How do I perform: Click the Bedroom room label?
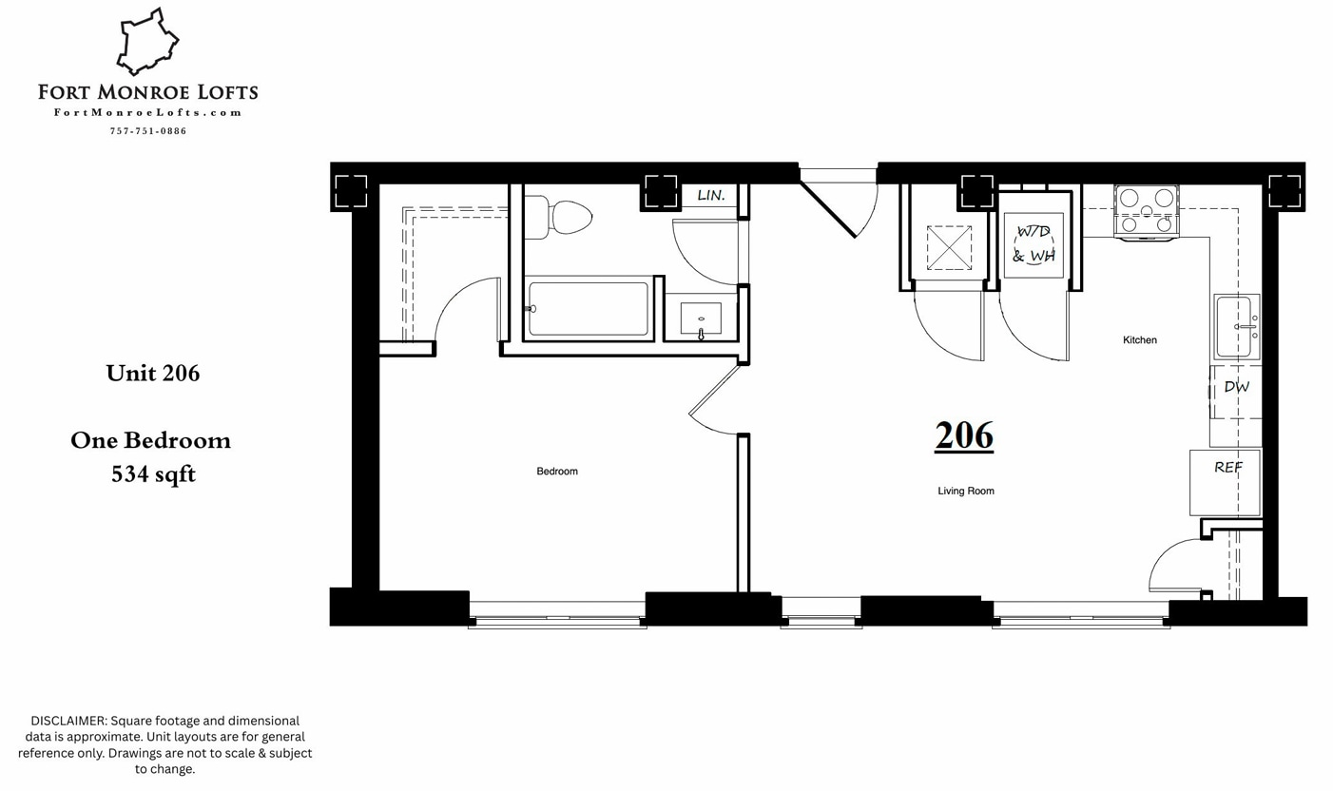tap(556, 472)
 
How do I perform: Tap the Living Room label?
tap(965, 492)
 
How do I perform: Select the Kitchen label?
tap(1139, 340)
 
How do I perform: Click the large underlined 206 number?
tap(964, 436)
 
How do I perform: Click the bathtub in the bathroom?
tap(588, 309)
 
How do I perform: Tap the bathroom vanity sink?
tap(701, 319)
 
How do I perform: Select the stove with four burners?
tap(1146, 211)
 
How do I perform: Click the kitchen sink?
tap(1236, 328)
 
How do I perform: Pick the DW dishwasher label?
tap(1236, 388)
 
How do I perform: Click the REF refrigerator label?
tap(1227, 468)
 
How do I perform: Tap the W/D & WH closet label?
tap(1034, 244)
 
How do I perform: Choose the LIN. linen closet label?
tap(711, 196)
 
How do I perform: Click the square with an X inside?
tap(949, 248)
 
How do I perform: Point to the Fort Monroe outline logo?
tap(147, 43)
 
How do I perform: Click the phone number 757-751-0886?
tap(147, 131)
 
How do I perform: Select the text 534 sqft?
tap(153, 474)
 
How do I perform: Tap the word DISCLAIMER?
tap(68, 721)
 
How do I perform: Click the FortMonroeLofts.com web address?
tap(147, 113)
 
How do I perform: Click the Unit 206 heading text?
tap(153, 374)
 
